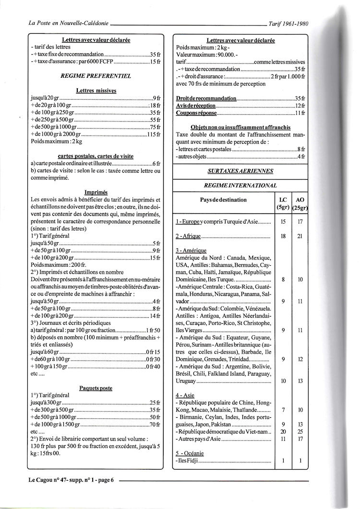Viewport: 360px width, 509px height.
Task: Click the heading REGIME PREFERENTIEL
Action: (96, 76)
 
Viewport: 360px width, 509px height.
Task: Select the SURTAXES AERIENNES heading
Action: (240, 171)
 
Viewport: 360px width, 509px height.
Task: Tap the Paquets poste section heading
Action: (96, 388)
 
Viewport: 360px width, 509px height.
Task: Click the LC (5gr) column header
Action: (283, 203)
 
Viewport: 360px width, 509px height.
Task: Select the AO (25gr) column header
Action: (300, 203)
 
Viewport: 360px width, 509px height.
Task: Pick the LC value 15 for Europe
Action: (283, 222)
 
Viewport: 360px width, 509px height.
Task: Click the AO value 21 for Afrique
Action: (300, 236)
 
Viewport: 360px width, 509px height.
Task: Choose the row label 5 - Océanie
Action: (189, 453)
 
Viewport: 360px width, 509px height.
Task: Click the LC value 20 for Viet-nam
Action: (283, 431)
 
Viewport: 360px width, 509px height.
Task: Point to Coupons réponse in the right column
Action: (196, 113)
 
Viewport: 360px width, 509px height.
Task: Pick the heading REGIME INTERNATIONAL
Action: (240, 185)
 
